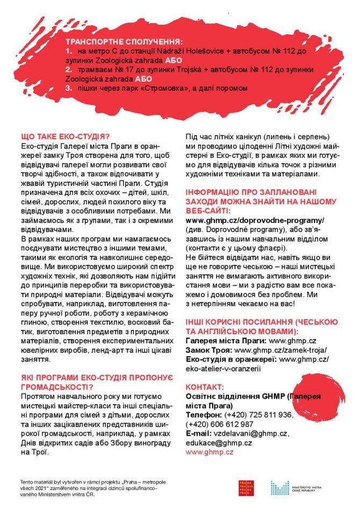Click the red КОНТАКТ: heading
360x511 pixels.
click(x=205, y=387)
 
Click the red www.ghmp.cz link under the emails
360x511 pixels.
click(x=209, y=452)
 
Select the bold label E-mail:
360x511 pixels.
click(x=199, y=434)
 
